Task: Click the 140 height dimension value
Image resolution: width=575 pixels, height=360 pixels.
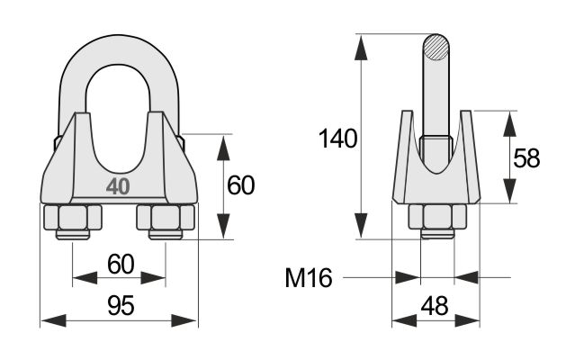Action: click(x=337, y=139)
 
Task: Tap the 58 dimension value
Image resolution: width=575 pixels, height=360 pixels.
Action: click(x=526, y=158)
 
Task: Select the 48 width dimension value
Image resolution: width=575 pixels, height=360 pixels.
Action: click(x=435, y=306)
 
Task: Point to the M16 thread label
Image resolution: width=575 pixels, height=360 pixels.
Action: click(x=309, y=277)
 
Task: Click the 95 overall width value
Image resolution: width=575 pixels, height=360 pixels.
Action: click(x=121, y=306)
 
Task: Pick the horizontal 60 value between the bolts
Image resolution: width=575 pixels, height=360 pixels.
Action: click(x=121, y=265)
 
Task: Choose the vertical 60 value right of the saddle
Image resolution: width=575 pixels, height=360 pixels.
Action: click(x=240, y=185)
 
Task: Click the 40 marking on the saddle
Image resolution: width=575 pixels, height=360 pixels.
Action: click(x=118, y=187)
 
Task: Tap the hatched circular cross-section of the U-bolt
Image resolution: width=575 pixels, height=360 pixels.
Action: click(x=436, y=48)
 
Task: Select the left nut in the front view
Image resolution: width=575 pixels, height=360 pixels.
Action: click(x=73, y=218)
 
